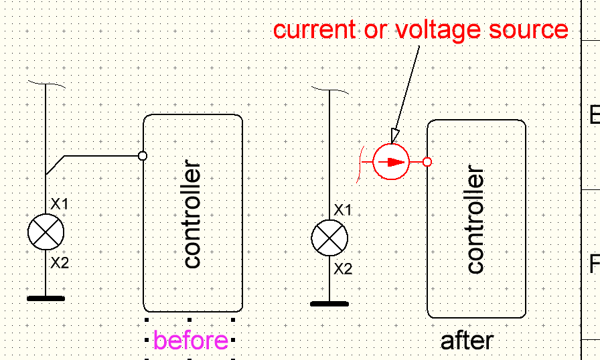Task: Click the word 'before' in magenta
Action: tap(191, 341)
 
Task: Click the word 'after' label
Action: tap(467, 341)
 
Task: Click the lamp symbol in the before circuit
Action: tap(46, 232)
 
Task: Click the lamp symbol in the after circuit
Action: tap(329, 238)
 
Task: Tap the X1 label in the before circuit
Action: tap(60, 203)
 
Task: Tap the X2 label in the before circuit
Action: tap(60, 263)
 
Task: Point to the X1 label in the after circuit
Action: tap(344, 210)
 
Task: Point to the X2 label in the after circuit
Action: tap(344, 269)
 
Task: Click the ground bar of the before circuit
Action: tap(46, 298)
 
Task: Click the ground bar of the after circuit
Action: tap(329, 304)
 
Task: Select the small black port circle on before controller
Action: tap(142, 156)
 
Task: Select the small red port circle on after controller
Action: tap(427, 162)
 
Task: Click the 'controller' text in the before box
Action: tap(192, 214)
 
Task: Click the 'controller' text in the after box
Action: tap(475, 221)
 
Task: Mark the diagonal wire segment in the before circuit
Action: tap(55, 165)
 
